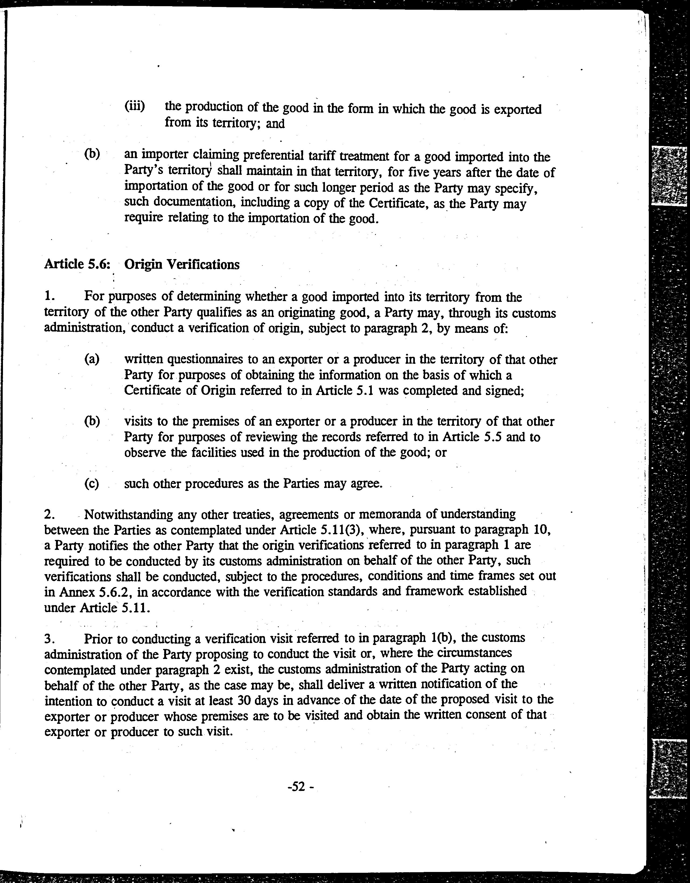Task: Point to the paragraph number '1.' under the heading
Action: [x=49, y=296]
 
